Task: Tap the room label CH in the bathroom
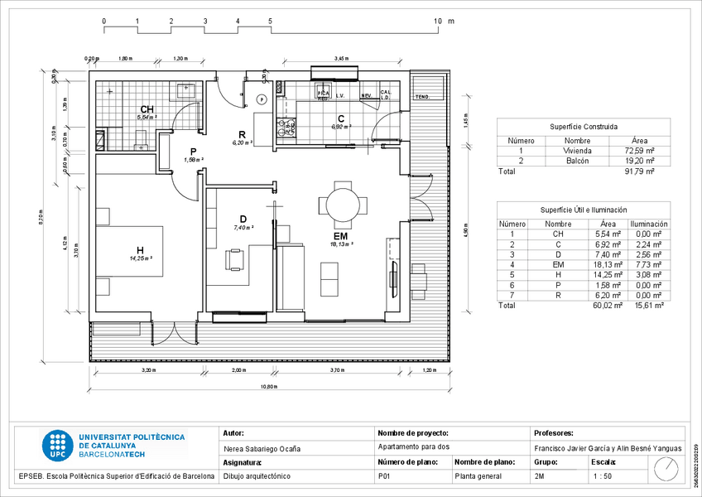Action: (x=146, y=110)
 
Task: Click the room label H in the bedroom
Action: (x=140, y=250)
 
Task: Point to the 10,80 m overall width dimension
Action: (x=268, y=387)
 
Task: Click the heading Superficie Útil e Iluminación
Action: (x=584, y=211)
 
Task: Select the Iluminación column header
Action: (x=648, y=224)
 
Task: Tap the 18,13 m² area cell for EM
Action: (x=608, y=264)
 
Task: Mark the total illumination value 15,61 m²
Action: (x=648, y=305)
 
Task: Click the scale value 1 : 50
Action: (x=603, y=476)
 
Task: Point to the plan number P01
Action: (x=383, y=476)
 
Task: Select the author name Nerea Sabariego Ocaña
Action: (x=262, y=449)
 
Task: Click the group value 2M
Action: (x=540, y=476)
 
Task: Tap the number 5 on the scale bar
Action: (x=271, y=20)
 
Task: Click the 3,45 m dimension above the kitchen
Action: (x=340, y=59)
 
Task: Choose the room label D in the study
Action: (x=243, y=220)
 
